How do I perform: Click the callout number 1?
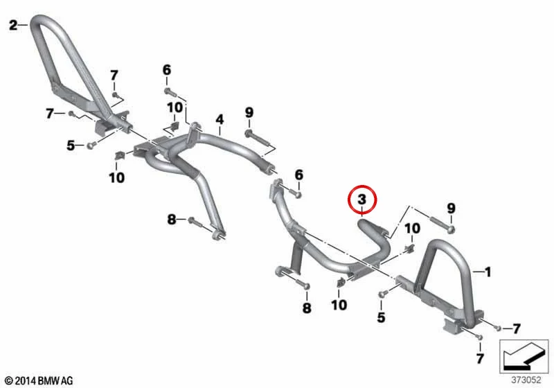click(x=488, y=272)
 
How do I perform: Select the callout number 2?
click(x=13, y=25)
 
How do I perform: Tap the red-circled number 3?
click(x=362, y=200)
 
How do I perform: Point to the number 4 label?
click(x=220, y=119)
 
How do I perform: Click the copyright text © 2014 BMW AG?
click(x=39, y=381)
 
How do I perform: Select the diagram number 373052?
click(x=526, y=380)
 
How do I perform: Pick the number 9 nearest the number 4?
click(x=249, y=113)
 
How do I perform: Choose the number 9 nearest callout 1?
click(x=452, y=209)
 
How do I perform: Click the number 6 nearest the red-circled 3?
click(x=299, y=175)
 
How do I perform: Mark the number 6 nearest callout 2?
click(x=167, y=70)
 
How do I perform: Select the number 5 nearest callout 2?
click(x=71, y=145)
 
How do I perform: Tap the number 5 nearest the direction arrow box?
click(x=381, y=317)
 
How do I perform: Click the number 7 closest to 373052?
click(x=479, y=359)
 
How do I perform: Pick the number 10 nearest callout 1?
click(x=412, y=229)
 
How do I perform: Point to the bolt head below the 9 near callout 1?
click(x=451, y=230)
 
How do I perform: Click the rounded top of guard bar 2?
click(x=39, y=19)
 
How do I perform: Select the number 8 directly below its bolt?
click(x=307, y=308)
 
